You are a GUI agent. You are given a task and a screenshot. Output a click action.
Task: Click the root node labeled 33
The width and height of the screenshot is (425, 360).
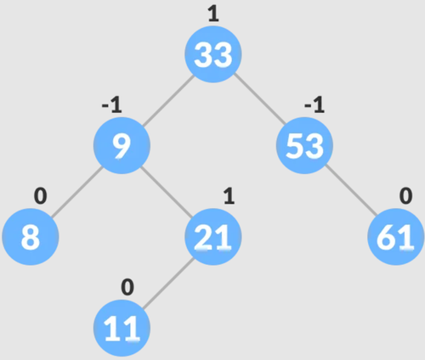pos(213,54)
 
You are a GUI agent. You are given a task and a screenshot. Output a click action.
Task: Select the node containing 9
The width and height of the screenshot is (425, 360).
pos(122,145)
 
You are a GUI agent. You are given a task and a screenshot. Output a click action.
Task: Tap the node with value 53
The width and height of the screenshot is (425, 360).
pos(304,145)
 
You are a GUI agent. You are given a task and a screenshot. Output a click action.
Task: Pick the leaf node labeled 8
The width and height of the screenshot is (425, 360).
pos(31,237)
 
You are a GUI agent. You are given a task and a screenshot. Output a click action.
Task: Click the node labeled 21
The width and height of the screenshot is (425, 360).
pos(213,237)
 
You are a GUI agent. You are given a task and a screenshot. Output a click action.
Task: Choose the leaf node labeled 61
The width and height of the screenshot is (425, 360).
pos(396,237)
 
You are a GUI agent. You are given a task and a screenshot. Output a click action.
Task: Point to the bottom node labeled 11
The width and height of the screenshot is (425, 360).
pos(122,329)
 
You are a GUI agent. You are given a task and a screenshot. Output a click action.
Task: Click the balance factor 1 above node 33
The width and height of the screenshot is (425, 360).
pos(213,14)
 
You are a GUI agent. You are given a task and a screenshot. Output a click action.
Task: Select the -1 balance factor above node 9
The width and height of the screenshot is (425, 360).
pos(112,104)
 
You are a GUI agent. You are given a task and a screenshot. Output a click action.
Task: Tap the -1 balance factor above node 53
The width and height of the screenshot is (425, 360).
pos(314,104)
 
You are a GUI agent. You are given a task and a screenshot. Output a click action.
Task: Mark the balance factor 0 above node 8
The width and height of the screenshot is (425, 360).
pos(41,196)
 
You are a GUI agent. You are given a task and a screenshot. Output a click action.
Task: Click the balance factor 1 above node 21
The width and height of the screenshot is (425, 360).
pos(229,196)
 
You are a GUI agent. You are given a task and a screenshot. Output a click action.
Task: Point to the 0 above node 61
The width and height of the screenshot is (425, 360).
pos(405,196)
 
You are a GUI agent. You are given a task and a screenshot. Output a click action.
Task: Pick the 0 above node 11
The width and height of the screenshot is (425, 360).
pos(127,287)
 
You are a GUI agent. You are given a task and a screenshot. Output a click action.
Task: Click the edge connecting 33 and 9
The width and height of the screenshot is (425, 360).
pos(167,100)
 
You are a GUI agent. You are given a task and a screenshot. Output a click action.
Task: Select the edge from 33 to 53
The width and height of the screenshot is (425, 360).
pos(259,100)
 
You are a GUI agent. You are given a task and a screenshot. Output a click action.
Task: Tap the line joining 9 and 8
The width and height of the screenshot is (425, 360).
pos(76,191)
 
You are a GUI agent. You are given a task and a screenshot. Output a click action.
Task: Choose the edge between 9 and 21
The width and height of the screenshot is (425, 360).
pos(167,191)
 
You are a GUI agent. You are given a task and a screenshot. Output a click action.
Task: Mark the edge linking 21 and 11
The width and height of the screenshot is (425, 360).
pos(167,283)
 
